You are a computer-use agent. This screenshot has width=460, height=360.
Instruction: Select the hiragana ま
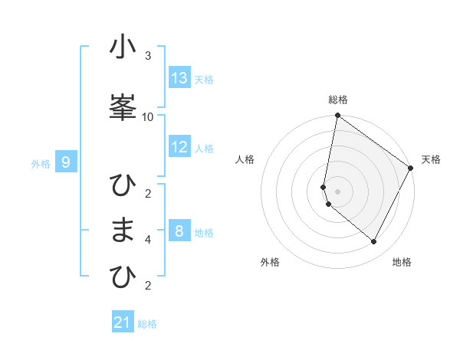click(123, 231)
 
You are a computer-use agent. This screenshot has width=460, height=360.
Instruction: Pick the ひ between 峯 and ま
click(123, 186)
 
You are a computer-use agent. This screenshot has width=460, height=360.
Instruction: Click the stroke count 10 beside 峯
click(148, 116)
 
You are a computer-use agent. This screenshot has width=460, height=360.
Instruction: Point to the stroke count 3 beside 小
click(148, 56)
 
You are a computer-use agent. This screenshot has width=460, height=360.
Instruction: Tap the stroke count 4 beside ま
click(148, 240)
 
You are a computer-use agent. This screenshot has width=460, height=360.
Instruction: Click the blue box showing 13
click(179, 78)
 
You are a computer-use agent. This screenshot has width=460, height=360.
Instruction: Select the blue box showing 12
click(179, 147)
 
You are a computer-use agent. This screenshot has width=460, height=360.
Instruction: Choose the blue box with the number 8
click(179, 231)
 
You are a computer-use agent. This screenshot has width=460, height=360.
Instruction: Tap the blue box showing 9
click(67, 162)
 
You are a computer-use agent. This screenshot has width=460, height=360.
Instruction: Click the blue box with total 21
click(123, 322)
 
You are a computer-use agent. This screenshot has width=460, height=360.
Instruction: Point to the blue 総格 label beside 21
click(147, 324)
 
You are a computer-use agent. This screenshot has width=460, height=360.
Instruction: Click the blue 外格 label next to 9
click(41, 163)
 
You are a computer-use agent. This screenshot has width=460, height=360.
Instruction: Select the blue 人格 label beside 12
click(204, 149)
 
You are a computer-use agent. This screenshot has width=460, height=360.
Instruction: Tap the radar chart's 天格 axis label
click(431, 159)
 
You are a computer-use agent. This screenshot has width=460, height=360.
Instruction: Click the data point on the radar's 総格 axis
click(337, 116)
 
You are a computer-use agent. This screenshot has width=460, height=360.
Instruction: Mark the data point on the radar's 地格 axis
click(373, 241)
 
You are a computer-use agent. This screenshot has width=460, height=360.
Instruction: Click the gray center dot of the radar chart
click(337, 191)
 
